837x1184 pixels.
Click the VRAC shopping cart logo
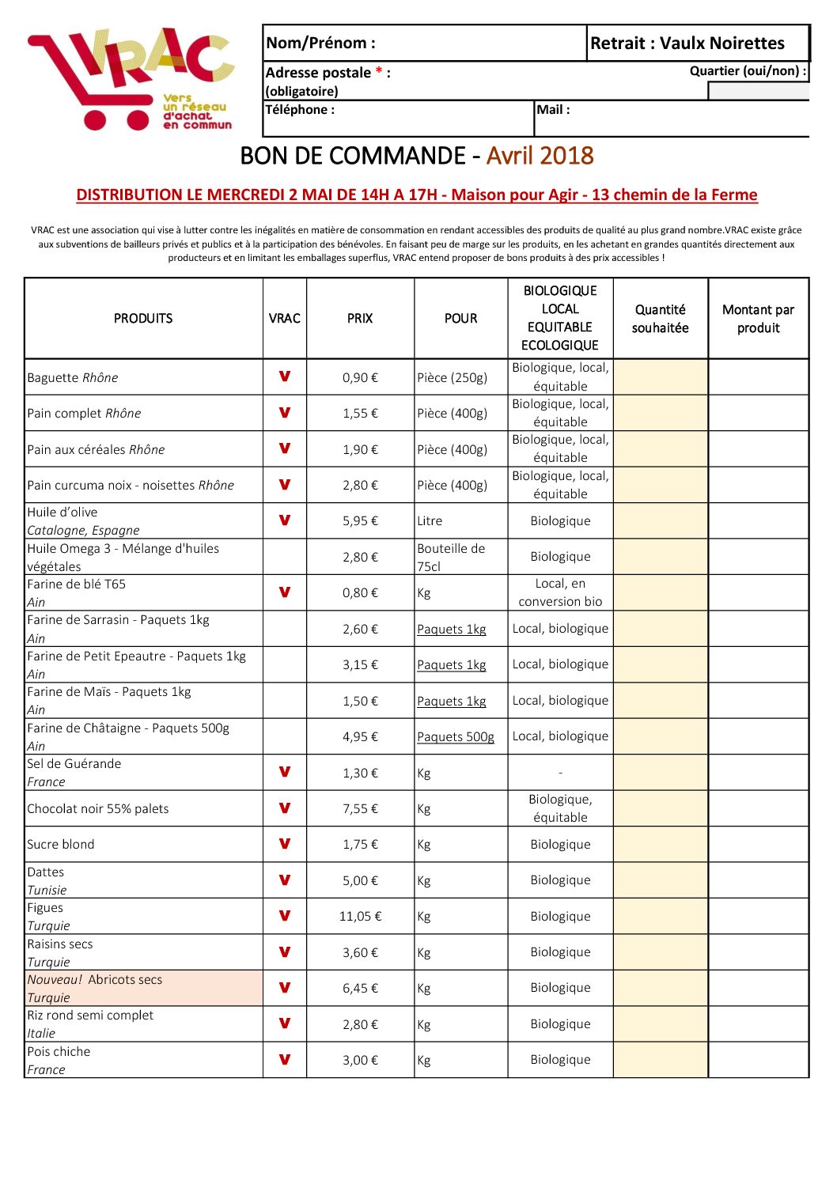pyautogui.click(x=131, y=78)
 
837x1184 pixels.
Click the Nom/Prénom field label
pyautogui.click(x=320, y=43)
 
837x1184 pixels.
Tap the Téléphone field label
pyautogui.click(x=300, y=110)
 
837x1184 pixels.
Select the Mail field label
pyautogui.click(x=553, y=110)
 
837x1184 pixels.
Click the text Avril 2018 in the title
pyautogui.click(x=540, y=156)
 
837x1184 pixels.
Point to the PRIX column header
pyautogui.click(x=360, y=318)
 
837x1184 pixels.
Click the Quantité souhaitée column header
pyautogui.click(x=660, y=319)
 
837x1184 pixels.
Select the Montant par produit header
pyautogui.click(x=758, y=319)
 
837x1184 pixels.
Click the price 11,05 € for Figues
pyautogui.click(x=360, y=916)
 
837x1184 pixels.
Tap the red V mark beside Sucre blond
pyautogui.click(x=285, y=844)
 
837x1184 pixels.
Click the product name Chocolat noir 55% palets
pyautogui.click(x=98, y=808)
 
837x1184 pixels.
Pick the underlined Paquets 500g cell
pyautogui.click(x=456, y=736)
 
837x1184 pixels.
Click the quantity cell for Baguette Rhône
pyautogui.click(x=660, y=377)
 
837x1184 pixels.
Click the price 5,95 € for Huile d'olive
pyautogui.click(x=360, y=520)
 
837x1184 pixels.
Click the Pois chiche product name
pyautogui.click(x=59, y=1051)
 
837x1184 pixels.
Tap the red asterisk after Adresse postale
pyautogui.click(x=380, y=72)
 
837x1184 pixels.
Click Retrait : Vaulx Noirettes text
pyautogui.click(x=687, y=43)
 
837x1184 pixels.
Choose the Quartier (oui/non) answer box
pyautogui.click(x=758, y=91)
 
